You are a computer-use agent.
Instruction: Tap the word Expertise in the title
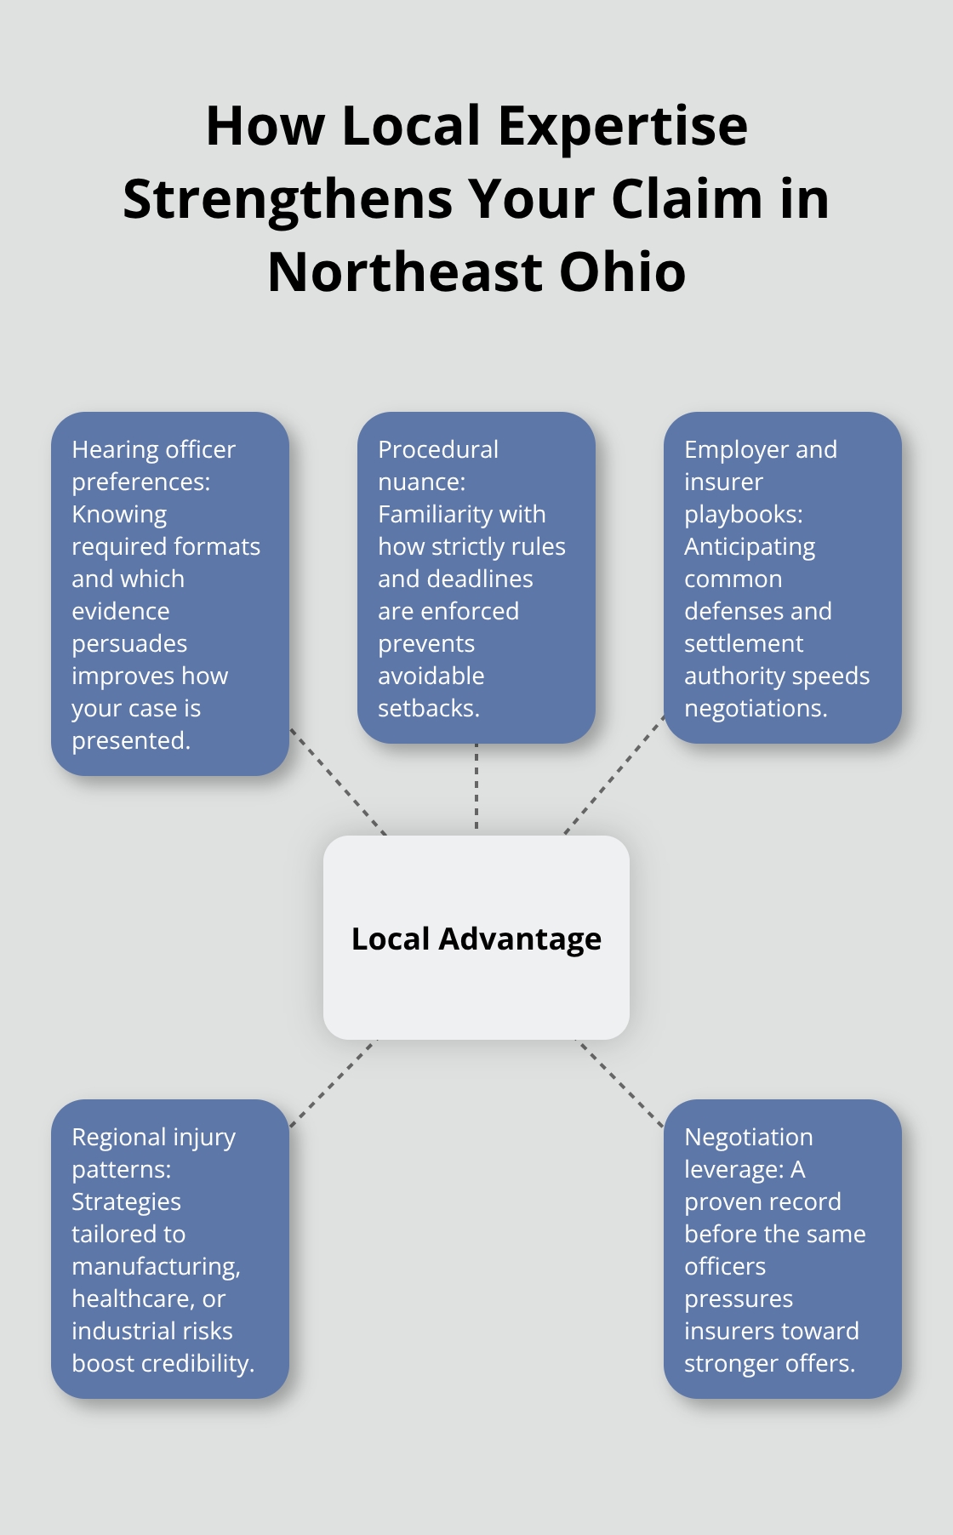pos(622,126)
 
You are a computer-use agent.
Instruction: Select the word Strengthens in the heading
pos(288,199)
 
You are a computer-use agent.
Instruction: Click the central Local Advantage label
pos(476,939)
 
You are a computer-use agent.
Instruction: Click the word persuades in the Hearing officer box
pos(129,644)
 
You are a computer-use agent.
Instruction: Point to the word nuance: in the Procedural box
pos(421,482)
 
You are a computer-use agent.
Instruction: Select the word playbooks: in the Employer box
pos(744,515)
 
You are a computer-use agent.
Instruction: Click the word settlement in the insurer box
pos(744,644)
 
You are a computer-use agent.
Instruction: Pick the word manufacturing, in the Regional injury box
pos(156,1267)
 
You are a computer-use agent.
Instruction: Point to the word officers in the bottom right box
pos(725,1267)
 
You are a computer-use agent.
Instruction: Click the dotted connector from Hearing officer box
pos(338,781)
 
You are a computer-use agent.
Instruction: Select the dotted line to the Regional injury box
pos(332,1083)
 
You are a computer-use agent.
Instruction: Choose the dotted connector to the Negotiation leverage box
pos(621,1083)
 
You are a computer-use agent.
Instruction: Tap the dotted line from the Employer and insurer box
pos(614,774)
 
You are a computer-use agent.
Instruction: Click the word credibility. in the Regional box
pos(203,1364)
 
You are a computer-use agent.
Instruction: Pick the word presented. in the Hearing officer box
pos(131,741)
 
